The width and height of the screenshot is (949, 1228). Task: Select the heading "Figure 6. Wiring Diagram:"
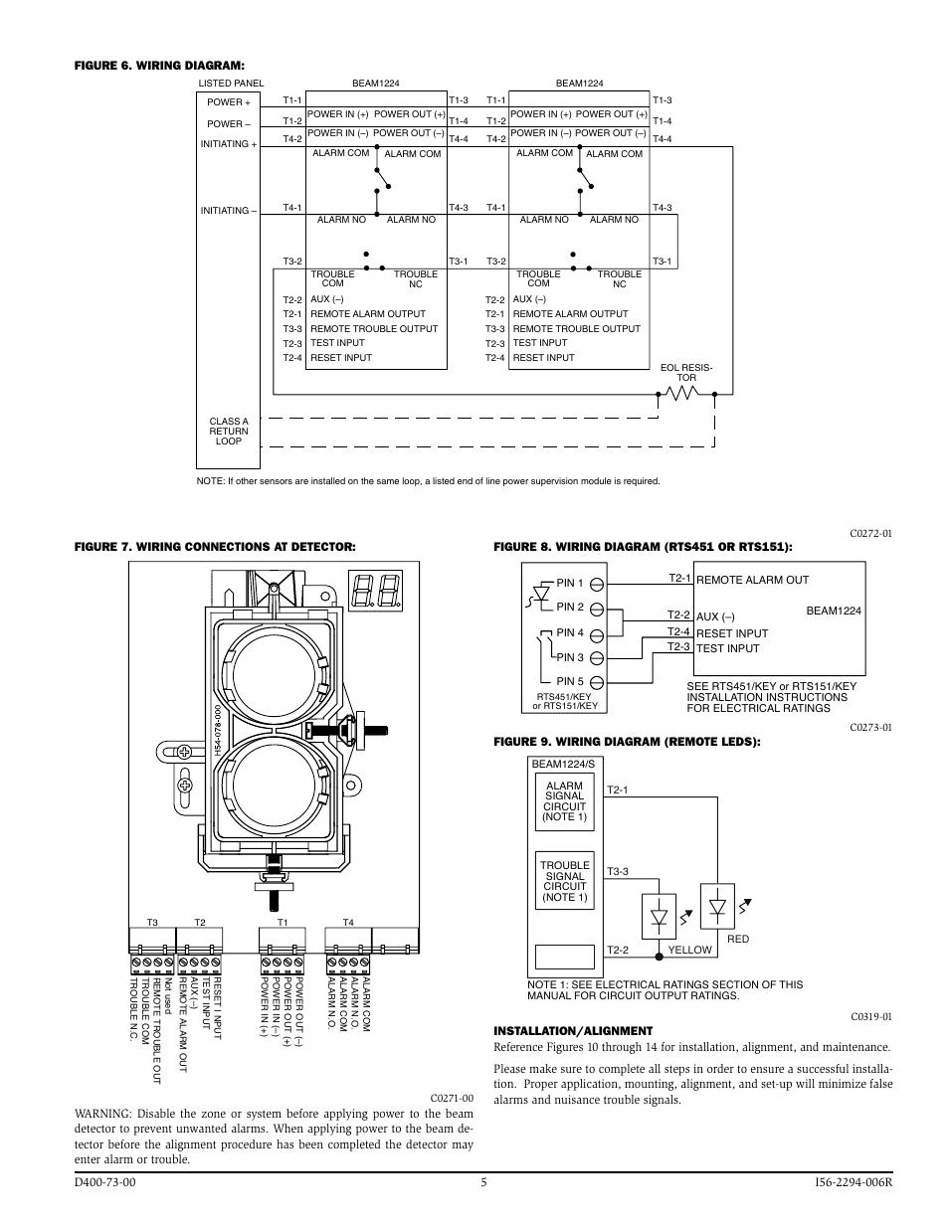click(159, 66)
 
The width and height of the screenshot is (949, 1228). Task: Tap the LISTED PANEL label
click(231, 84)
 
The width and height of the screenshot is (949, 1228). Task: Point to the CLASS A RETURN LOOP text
click(229, 432)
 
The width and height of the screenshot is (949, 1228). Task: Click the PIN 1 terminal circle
click(597, 585)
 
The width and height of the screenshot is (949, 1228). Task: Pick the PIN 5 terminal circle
click(597, 683)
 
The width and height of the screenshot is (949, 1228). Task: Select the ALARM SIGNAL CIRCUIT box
click(565, 801)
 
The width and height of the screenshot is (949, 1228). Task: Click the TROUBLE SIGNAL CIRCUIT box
click(565, 880)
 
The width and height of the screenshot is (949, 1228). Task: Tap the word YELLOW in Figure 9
click(689, 950)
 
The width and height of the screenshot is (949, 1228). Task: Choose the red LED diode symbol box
click(717, 907)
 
